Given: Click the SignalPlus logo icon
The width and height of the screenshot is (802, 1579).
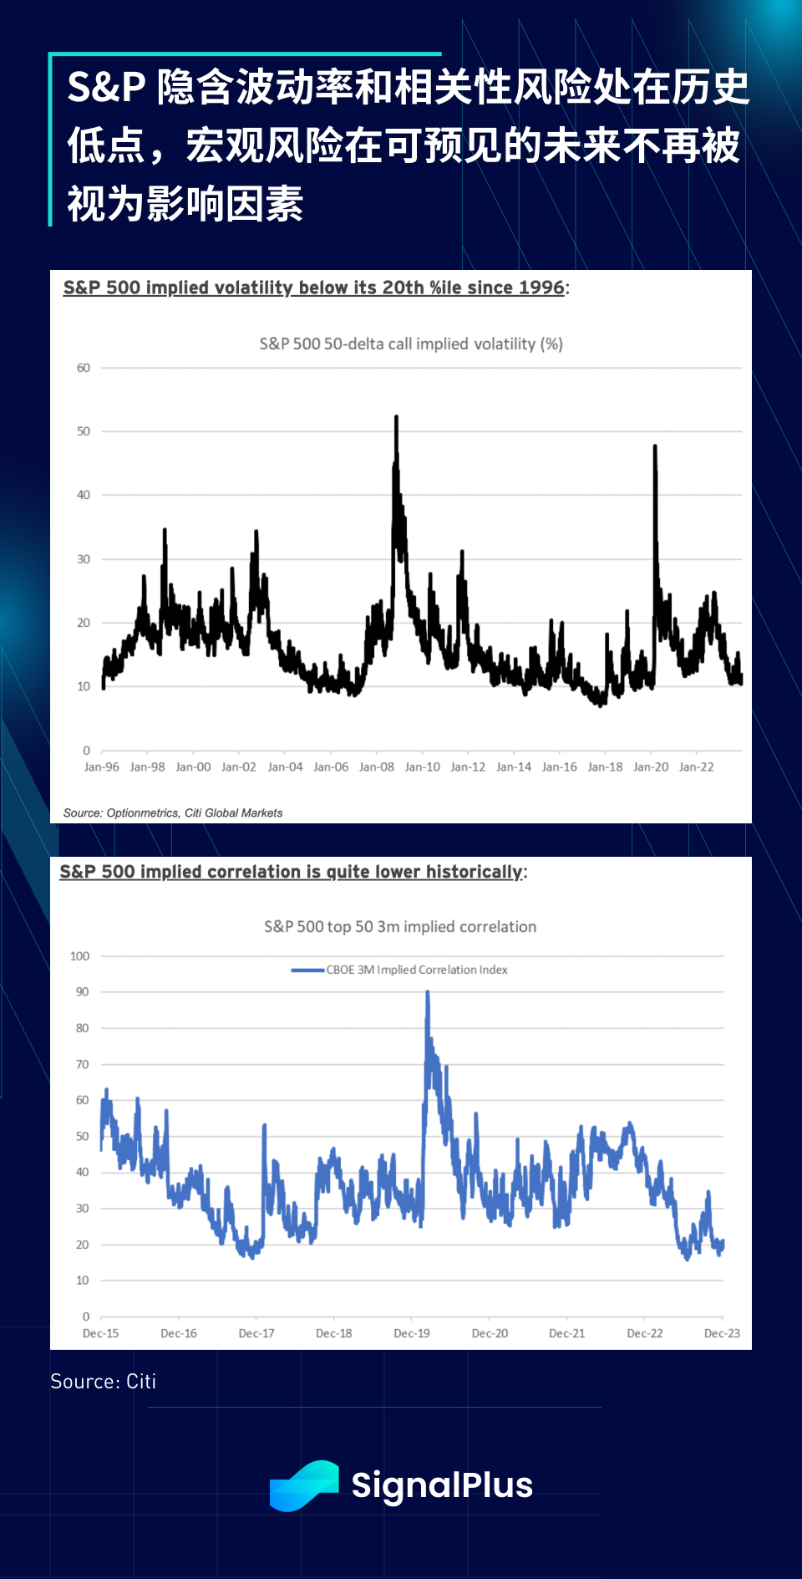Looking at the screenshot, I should pos(304,1485).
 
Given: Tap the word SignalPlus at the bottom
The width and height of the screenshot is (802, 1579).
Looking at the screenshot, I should pos(442,1485).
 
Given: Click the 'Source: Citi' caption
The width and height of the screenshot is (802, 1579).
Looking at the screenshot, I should pos(103,1382).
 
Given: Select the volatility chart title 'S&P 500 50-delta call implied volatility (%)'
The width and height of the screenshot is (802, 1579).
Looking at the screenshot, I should pos(411,344).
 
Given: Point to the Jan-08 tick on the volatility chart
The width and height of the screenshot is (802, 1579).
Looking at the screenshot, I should pos(377,767).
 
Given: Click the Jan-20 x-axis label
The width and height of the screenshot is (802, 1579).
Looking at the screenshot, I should pos(651,767).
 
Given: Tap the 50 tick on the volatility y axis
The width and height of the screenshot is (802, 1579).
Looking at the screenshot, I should pos(84,431).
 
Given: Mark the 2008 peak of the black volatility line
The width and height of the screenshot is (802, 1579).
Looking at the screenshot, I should pos(396,417).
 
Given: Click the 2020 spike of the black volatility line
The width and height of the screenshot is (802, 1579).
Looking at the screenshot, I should pos(655,447).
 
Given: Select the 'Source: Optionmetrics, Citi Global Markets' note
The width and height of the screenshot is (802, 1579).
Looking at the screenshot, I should pos(173,812).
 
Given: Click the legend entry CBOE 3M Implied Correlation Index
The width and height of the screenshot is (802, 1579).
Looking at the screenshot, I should pos(416,970).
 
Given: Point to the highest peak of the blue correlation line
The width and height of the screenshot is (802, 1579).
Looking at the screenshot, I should pos(428,993).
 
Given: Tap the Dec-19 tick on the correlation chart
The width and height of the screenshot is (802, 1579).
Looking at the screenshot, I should pos(412,1333).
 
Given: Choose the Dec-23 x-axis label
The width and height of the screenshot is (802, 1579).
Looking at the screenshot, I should pos(722,1333).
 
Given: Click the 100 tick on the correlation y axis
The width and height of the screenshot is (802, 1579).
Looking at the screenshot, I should pos(79,956).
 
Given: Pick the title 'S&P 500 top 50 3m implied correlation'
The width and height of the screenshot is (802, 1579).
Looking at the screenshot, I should pos(400,926).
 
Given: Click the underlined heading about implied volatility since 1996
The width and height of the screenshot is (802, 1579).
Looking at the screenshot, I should pos(314,288).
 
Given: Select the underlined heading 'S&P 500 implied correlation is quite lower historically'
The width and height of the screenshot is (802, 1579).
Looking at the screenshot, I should pos(292,872).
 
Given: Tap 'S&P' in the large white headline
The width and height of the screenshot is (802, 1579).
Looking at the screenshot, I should pos(106,88).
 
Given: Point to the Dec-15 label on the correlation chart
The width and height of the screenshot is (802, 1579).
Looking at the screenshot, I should pos(101,1333).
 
